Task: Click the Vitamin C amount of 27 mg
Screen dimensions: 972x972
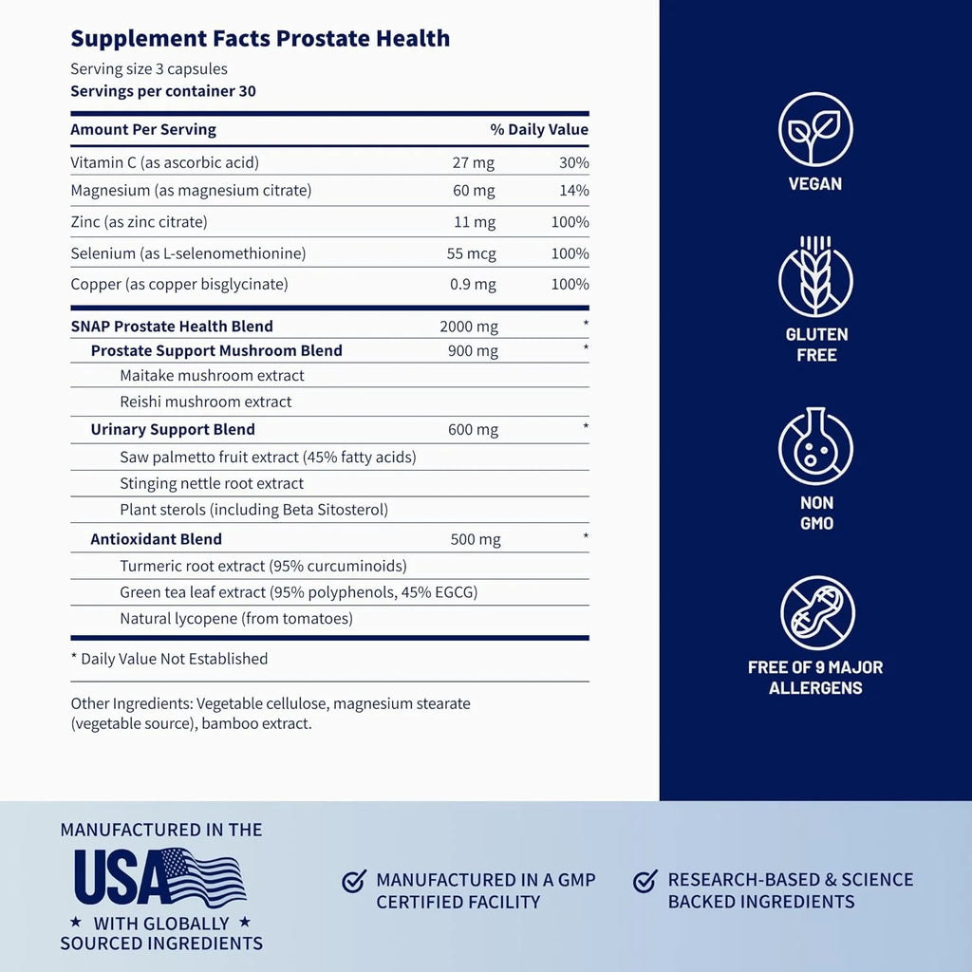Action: (x=474, y=162)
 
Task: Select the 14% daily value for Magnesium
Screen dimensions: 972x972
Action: (x=574, y=190)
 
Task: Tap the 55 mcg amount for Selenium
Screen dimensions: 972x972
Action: (x=472, y=253)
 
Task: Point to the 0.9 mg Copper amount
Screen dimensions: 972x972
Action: (x=473, y=284)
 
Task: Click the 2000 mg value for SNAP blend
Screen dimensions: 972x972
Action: (x=469, y=327)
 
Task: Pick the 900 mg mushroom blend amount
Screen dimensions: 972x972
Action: (x=473, y=351)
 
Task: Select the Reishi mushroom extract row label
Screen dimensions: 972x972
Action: (x=205, y=402)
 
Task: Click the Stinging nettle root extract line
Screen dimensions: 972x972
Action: (x=212, y=483)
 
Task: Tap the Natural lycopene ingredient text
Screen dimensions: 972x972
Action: (x=235, y=619)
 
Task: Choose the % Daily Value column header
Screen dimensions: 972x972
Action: (x=539, y=130)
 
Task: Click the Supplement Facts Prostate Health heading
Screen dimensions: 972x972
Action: (x=260, y=39)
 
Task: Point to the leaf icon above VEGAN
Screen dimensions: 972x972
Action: (x=815, y=130)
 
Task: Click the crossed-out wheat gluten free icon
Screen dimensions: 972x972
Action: (x=815, y=279)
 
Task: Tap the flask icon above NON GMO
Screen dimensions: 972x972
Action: (x=815, y=447)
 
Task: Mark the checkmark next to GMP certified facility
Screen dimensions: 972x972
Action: (x=354, y=882)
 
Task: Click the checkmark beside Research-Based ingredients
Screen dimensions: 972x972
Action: (x=645, y=882)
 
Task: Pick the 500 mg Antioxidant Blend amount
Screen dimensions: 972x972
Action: (x=476, y=540)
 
